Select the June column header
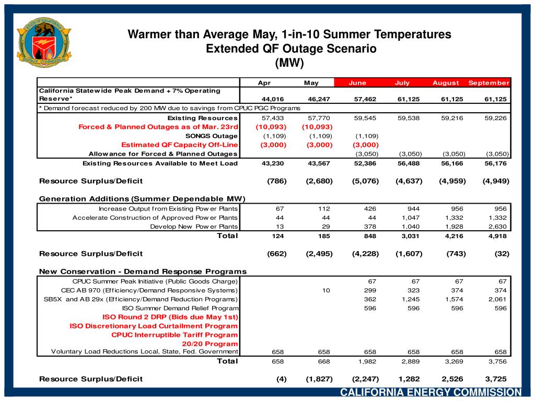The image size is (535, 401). click(x=357, y=83)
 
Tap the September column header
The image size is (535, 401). click(x=489, y=83)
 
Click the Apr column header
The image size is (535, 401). click(x=264, y=83)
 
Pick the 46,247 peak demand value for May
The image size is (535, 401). click(x=320, y=100)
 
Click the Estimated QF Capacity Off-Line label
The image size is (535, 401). click(x=179, y=145)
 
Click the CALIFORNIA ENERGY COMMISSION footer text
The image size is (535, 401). click(x=431, y=393)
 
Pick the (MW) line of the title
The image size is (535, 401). click(x=289, y=63)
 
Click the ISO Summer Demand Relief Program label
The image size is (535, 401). click(x=180, y=308)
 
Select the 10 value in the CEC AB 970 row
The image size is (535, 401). click(x=326, y=290)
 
